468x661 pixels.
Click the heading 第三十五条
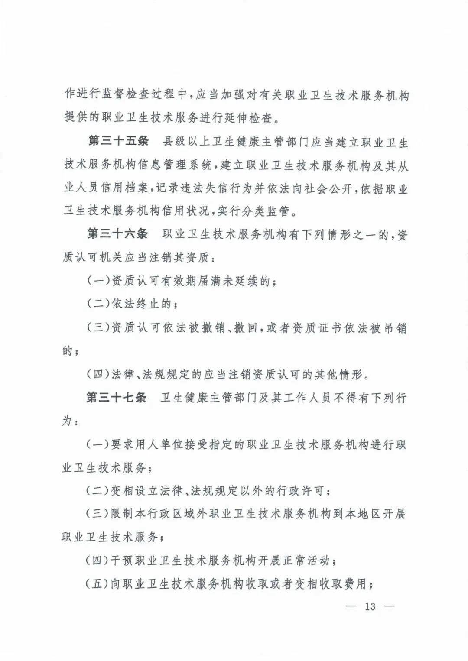(118, 141)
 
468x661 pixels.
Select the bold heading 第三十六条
(117, 234)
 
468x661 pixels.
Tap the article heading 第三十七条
(117, 397)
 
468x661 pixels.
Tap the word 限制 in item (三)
(123, 514)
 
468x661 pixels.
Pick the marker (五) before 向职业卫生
(97, 584)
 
